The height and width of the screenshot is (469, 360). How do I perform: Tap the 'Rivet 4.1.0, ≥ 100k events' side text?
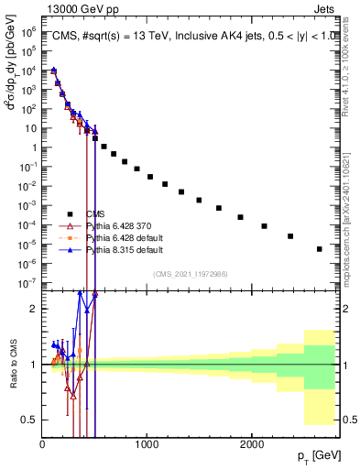click(x=350, y=64)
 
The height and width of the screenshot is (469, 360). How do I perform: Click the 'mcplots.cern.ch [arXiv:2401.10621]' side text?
click(x=350, y=211)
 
